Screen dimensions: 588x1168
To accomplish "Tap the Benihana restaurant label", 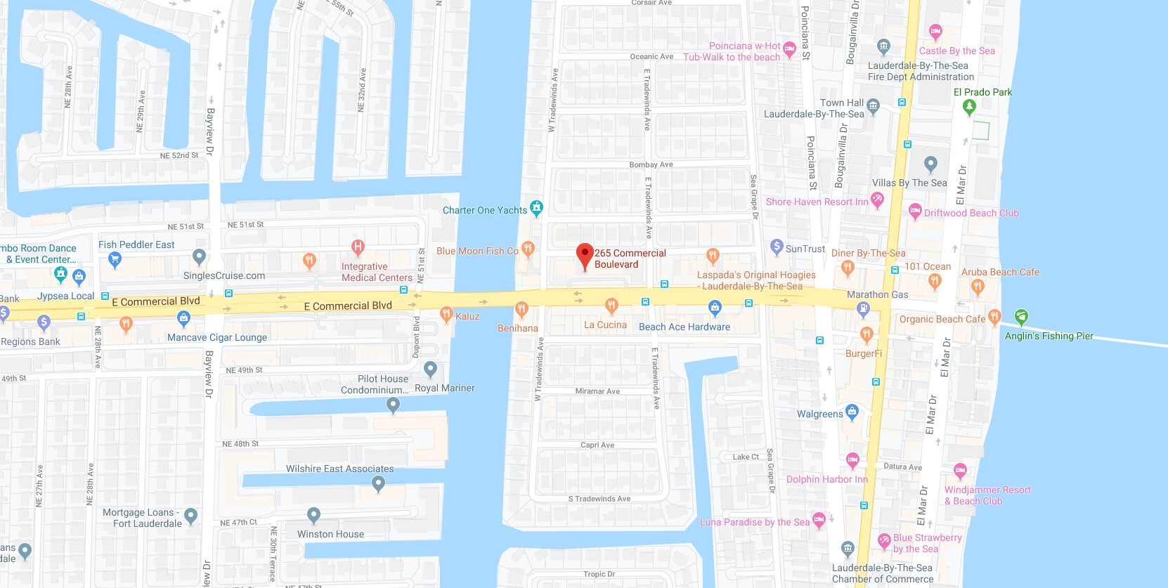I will (x=517, y=328).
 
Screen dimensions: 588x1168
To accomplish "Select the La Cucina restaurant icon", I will (x=611, y=305).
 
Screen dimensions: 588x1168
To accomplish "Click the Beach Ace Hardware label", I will (x=684, y=327).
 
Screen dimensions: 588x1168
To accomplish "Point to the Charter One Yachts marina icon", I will (x=537, y=208).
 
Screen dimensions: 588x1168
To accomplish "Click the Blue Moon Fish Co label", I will (x=477, y=251).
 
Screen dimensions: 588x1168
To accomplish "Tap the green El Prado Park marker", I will (x=969, y=107).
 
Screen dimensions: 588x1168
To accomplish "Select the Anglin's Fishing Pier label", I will (x=1049, y=336).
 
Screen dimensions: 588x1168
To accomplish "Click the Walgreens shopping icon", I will (x=852, y=412).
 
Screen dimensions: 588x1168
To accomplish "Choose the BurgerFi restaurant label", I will (x=863, y=353).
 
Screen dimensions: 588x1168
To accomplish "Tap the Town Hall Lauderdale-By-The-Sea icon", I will (x=873, y=106).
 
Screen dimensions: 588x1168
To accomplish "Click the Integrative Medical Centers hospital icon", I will (x=358, y=247).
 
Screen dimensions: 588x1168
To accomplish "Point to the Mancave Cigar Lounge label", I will (x=217, y=337).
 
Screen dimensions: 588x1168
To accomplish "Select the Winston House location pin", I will (x=314, y=516).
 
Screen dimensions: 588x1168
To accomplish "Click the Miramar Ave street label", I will (x=597, y=391).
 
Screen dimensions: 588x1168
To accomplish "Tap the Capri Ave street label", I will (x=597, y=445).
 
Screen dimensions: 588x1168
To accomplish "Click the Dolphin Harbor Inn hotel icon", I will (x=852, y=461).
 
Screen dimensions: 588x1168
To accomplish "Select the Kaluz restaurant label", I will (x=467, y=316).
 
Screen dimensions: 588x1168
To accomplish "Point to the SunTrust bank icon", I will (x=777, y=247).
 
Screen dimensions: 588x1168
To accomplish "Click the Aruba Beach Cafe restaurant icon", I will (x=977, y=286).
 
